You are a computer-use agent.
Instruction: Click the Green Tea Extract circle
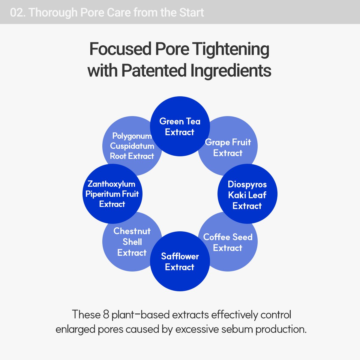pos(180,126)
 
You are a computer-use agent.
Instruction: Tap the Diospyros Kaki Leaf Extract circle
pos(247,194)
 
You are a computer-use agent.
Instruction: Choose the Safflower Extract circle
pos(180,261)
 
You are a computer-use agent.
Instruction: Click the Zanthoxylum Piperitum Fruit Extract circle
pos(112,194)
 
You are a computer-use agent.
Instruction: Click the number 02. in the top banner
pos(18,13)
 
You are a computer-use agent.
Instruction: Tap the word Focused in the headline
pos(120,49)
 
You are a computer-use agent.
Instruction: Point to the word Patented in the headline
pos(154,70)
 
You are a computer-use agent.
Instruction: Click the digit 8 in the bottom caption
pos(106,314)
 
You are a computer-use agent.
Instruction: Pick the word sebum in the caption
pos(237,329)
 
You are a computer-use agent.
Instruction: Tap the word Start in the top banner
pos(191,13)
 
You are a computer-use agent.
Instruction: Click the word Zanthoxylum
pos(112,184)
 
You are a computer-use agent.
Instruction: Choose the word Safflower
pos(180,256)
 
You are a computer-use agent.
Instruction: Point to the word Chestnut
pos(132,231)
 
